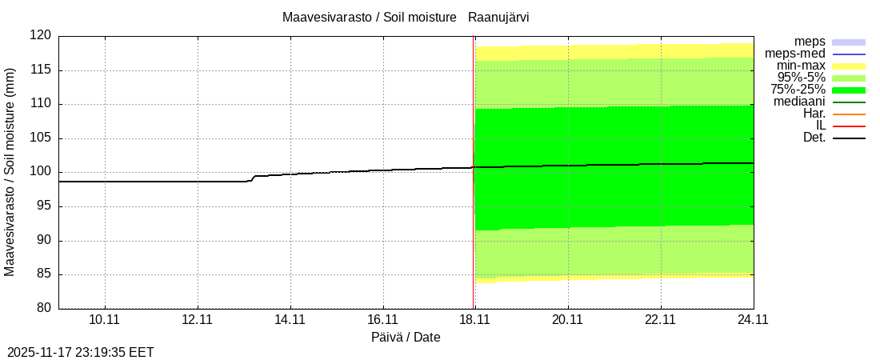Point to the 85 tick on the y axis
pyautogui.click(x=43, y=274)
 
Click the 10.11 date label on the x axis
pyautogui.click(x=105, y=320)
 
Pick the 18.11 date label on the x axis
pyautogui.click(x=475, y=320)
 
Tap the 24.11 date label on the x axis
pyautogui.click(x=753, y=320)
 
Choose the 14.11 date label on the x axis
pyautogui.click(x=290, y=320)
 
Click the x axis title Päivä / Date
pyautogui.click(x=406, y=338)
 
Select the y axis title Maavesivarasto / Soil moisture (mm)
pyautogui.click(x=10, y=172)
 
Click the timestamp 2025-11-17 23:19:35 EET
pyautogui.click(x=81, y=352)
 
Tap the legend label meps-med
pyautogui.click(x=795, y=54)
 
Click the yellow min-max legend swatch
pyautogui.click(x=849, y=66)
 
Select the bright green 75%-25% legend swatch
pyautogui.click(x=849, y=90)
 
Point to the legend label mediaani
pyautogui.click(x=799, y=102)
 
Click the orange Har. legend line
pyautogui.click(x=849, y=114)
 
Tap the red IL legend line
pyautogui.click(x=849, y=126)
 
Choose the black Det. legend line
pyautogui.click(x=849, y=138)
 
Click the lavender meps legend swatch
pyautogui.click(x=849, y=42)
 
